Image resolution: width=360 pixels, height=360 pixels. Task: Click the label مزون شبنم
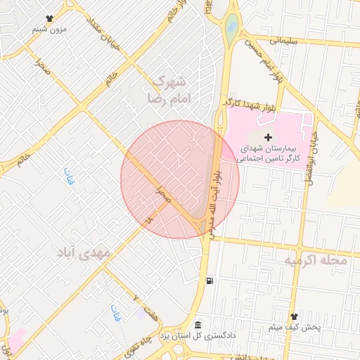(49, 30)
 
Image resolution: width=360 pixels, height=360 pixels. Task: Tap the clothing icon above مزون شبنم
(49, 19)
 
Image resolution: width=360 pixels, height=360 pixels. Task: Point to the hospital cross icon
(268, 136)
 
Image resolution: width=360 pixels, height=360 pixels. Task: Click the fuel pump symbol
(209, 281)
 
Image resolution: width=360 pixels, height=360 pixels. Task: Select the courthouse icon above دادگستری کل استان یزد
(198, 325)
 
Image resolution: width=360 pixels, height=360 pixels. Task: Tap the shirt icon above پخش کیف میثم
(295, 317)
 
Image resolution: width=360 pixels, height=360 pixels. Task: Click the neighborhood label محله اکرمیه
(316, 261)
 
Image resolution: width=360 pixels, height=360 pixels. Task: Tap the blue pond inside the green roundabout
(232, 27)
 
